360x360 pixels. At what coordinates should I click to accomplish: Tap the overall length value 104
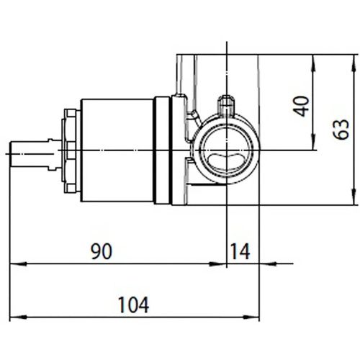tap(135, 305)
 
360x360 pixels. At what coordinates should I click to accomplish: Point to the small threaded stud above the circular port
tap(227, 103)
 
